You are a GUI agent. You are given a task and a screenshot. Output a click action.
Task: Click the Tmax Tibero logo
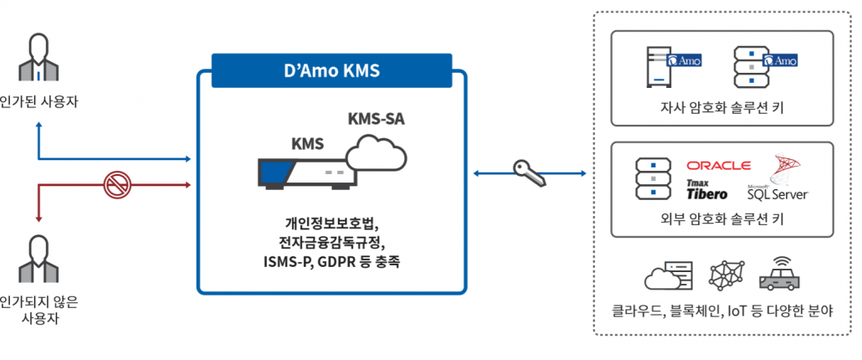coord(706,190)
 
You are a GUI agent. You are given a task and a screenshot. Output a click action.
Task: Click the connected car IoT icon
coord(779,274)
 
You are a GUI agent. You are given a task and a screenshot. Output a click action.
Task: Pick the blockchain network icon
coord(725,275)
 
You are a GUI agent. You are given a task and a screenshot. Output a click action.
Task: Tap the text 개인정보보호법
coord(331,224)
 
